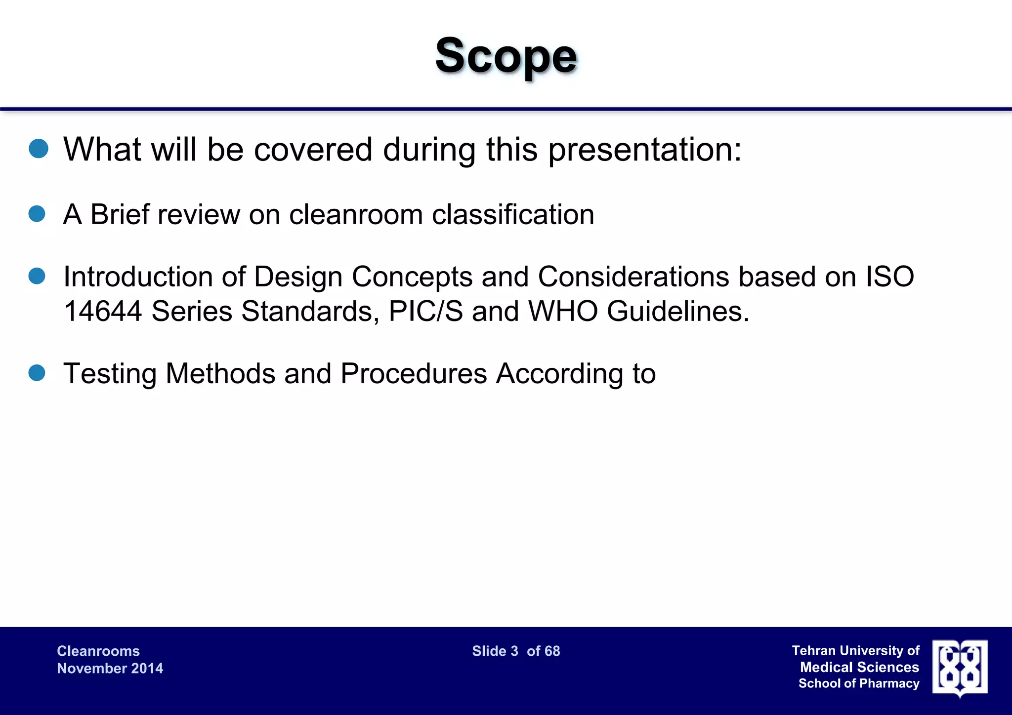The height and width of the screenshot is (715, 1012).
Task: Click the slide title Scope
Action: coord(506,57)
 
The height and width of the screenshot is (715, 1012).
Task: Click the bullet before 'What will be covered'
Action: coord(39,148)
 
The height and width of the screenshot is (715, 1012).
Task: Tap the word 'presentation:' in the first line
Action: coord(645,150)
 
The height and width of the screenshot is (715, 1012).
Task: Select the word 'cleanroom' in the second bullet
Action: coord(356,215)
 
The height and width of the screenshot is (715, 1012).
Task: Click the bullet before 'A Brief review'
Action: coord(37,214)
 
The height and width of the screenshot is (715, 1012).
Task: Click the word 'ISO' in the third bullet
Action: coord(889,277)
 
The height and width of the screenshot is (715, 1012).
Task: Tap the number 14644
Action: coord(103,312)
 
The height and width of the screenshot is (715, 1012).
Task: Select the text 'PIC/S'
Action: coord(425,312)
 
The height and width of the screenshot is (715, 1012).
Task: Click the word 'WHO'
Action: coord(563,312)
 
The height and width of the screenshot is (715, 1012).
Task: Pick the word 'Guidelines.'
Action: coord(678,312)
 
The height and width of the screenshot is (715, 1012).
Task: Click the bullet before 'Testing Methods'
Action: coord(37,373)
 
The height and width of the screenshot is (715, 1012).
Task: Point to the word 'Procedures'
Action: coord(414,374)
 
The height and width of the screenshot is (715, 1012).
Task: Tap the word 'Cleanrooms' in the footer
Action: coord(98,651)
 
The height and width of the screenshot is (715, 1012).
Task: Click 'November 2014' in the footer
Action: coord(110,668)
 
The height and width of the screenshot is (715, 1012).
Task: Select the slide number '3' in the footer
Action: coord(514,651)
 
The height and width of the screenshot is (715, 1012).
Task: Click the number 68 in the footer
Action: coord(552,651)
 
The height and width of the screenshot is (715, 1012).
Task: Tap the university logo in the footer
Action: coord(960,668)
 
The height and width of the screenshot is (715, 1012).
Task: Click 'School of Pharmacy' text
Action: coord(859,683)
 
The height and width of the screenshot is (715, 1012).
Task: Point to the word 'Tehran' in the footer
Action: coord(813,650)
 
